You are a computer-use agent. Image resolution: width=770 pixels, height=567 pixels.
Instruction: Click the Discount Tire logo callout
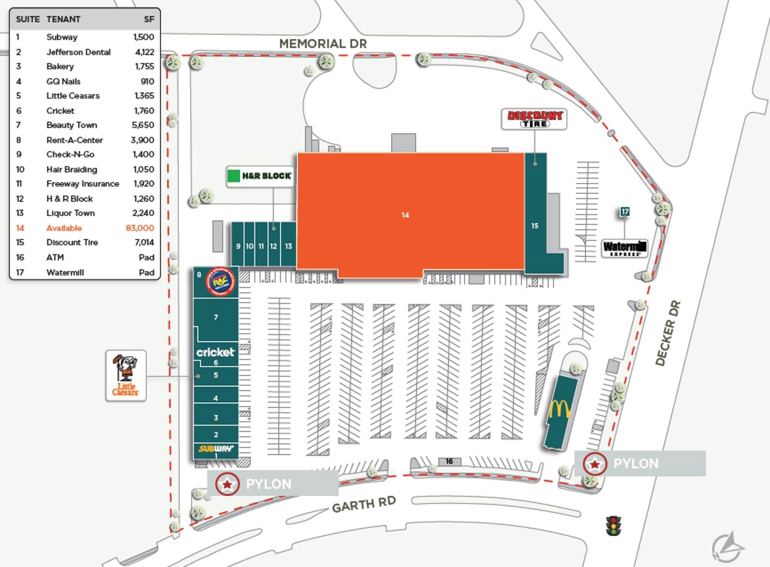tap(534, 119)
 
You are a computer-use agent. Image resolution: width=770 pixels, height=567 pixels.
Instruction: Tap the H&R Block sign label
tap(260, 176)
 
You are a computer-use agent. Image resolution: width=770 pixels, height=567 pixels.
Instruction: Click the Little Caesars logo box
tap(126, 376)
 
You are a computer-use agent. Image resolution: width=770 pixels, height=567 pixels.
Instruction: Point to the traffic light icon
tap(613, 526)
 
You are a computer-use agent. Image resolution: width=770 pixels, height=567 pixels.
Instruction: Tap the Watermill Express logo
tap(624, 248)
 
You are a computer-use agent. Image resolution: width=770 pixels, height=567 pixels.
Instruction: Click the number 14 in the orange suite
tap(405, 215)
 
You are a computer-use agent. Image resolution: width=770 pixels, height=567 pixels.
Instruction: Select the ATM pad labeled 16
tap(449, 462)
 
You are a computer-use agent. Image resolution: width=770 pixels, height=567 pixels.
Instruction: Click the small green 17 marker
tap(625, 212)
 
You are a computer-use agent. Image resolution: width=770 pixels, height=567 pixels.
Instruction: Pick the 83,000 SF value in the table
tap(140, 228)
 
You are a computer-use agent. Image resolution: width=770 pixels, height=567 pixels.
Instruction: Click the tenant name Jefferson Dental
tap(78, 52)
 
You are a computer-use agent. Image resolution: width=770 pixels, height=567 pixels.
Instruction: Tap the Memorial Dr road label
tap(323, 44)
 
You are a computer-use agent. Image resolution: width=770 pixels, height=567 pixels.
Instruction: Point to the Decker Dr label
tap(668, 333)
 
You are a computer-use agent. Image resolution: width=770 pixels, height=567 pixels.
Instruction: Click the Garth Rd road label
tap(364, 504)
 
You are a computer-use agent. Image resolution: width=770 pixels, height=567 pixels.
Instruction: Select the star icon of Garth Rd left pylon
tap(227, 484)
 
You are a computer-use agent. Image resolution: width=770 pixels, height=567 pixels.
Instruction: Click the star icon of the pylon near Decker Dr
tap(595, 464)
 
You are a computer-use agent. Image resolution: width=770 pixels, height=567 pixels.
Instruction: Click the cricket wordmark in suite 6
tap(215, 352)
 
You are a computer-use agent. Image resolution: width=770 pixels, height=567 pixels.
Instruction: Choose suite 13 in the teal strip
tap(288, 246)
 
